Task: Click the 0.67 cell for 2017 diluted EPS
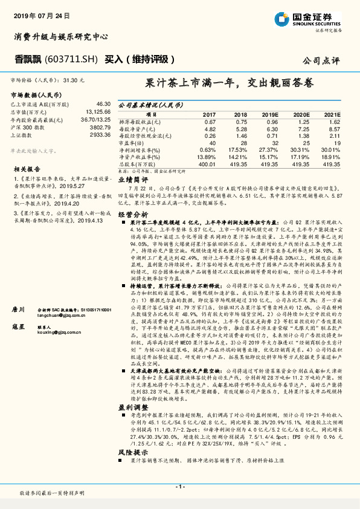click(x=209, y=120)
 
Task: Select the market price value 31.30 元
click(x=74, y=80)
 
